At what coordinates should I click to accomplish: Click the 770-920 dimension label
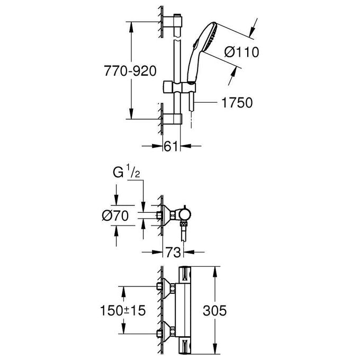click(130, 71)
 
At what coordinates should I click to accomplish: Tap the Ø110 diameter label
click(241, 52)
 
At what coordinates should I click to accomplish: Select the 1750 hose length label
click(237, 102)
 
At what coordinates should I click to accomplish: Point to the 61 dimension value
click(171, 146)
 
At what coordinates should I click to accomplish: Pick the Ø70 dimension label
click(115, 216)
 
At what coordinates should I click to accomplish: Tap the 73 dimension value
click(173, 253)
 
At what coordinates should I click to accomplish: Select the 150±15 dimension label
click(123, 311)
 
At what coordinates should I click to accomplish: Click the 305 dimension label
click(214, 311)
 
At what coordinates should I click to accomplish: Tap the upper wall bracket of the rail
click(172, 22)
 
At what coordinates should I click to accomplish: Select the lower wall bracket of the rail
click(172, 119)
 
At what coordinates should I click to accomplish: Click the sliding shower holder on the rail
click(179, 87)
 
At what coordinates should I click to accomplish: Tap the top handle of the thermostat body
click(185, 275)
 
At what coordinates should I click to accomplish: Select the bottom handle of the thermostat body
click(185, 346)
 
